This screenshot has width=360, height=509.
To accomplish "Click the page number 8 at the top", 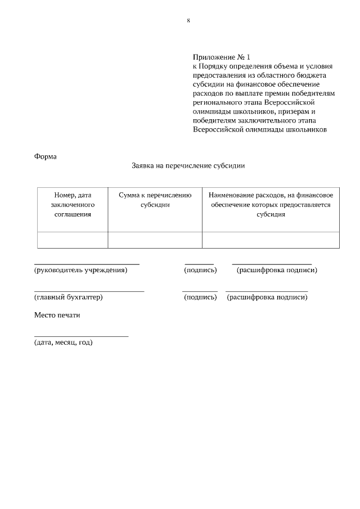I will coord(188,21).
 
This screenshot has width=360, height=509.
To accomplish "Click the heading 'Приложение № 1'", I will coord(221,57).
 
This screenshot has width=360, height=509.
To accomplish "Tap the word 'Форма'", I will coord(46,156).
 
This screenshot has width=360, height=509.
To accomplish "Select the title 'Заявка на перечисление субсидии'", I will coord(188,166).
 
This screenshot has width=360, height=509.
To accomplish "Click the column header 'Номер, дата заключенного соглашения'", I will coord(73,204).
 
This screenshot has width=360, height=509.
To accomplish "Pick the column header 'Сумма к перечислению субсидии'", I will coord(155,200).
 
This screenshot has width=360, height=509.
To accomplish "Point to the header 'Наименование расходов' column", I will coord(271,204).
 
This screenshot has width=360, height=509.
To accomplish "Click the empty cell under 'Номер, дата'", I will coord(73,240).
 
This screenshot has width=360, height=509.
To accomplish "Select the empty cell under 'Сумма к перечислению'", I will coord(155,240).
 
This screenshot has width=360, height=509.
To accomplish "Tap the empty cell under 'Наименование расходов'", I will coord(271,240).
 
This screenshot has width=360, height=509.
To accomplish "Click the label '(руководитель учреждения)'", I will coord(81,270).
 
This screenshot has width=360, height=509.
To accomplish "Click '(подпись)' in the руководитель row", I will coord(200,270).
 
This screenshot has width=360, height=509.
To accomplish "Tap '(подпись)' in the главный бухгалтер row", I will coord(200,297).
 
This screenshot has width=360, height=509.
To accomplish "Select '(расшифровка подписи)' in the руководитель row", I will coord(277,270).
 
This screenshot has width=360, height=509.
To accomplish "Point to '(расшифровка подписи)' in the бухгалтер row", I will coord(267,297).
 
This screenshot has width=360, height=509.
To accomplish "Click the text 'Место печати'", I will coord(57,315).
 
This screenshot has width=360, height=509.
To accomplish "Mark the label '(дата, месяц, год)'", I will coord(64,342).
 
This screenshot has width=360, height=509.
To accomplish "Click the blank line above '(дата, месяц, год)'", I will coord(81,336).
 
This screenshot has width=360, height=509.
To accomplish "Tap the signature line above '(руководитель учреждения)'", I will coord(87,263).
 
